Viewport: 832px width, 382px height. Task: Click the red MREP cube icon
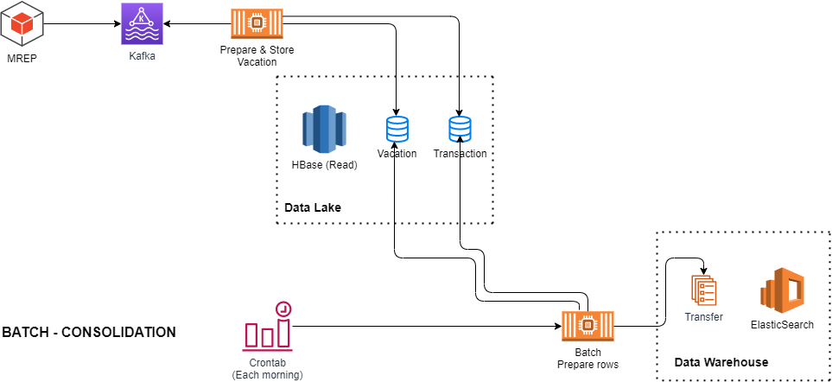coord(20,25)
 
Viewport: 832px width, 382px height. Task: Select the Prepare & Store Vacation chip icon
coord(257,24)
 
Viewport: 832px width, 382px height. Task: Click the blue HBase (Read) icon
coord(323,129)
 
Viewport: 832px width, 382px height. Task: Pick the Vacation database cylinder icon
coord(397,130)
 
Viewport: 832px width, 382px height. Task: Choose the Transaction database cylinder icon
coord(460,130)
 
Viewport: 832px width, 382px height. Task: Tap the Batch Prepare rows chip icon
coord(588,327)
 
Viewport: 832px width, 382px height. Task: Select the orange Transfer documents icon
coord(704,290)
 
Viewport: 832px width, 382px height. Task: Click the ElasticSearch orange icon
coord(782,288)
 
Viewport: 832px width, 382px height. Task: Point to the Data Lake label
coord(313,207)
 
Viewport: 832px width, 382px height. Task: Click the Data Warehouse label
coord(721,361)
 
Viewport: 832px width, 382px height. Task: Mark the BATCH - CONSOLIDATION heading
coord(89,332)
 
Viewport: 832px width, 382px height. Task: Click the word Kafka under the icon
coord(141,56)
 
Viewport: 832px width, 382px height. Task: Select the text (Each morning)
coord(268,374)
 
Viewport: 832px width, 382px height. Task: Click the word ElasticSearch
coord(782,324)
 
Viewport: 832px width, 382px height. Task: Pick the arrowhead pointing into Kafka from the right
coord(162,24)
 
